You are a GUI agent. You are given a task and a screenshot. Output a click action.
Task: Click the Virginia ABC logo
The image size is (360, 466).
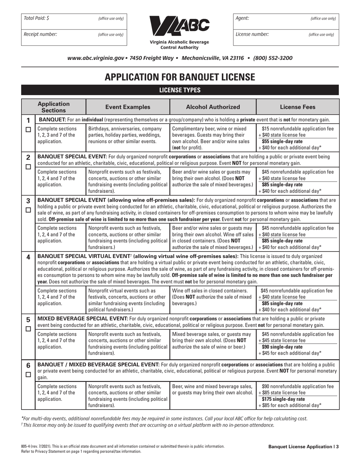pos(180,26)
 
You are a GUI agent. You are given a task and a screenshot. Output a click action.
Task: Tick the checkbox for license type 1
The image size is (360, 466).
pos(28,130)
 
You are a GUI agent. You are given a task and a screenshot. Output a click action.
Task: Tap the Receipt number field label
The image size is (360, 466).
pos(41,34)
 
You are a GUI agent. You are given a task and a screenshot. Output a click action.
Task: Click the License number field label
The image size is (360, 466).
pos(252,34)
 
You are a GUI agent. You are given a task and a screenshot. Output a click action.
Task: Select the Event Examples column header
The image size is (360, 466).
pos(128,107)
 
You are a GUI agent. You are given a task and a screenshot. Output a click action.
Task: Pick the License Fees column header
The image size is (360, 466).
pos(297,107)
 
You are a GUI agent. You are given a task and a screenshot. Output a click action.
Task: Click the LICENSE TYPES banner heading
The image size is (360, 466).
pos(180,90)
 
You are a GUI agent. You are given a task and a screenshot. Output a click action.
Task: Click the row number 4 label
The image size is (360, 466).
pos(28,257)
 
